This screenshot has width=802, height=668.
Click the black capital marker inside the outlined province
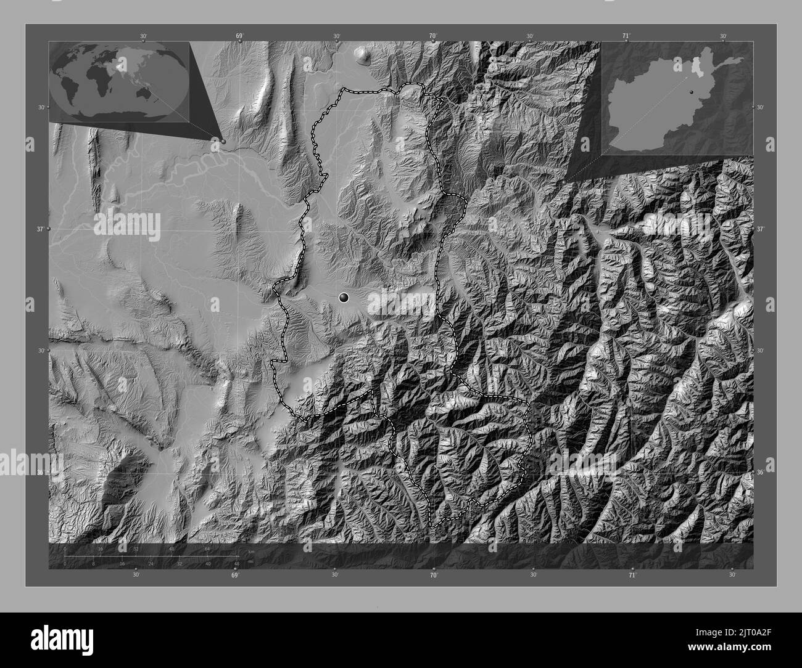click(344, 298)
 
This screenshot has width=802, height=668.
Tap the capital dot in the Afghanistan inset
click(692, 91)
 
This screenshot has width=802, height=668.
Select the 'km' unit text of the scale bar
click(250, 551)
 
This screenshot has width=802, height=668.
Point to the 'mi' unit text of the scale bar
click(250, 561)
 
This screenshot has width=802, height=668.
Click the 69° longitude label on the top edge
click(239, 36)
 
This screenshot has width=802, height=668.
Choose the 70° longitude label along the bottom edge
click(434, 575)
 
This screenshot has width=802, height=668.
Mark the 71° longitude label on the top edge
click(626, 36)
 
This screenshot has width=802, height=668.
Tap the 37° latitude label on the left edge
click(40, 229)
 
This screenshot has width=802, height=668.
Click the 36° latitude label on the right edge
click(760, 473)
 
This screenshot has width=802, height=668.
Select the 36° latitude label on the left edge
click(40, 473)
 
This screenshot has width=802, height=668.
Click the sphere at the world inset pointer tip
click(223, 141)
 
